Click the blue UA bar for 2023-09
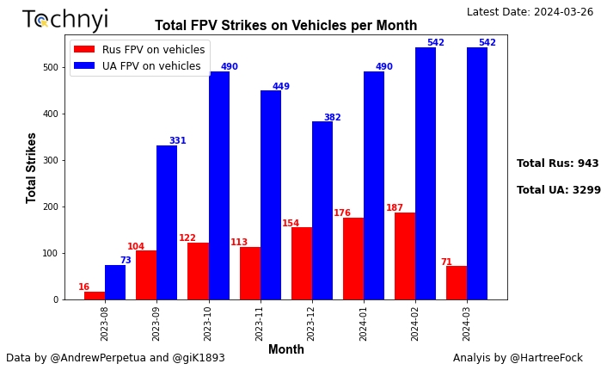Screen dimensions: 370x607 point(167,222)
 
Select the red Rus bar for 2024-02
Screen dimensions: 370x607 point(405,256)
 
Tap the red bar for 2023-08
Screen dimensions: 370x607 point(95,295)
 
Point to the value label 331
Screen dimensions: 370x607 point(177,141)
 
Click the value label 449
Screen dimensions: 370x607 point(281,87)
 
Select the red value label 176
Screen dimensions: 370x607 point(342,213)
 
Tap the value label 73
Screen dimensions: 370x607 point(126,261)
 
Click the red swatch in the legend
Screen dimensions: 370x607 point(84,50)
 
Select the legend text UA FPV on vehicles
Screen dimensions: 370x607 point(151,66)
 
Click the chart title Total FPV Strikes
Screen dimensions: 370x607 point(285,26)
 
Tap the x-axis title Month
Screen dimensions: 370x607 point(285,349)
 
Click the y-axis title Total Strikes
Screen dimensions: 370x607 point(32,167)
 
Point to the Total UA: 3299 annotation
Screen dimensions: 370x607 point(558,190)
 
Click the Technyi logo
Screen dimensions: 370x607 point(65,20)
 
